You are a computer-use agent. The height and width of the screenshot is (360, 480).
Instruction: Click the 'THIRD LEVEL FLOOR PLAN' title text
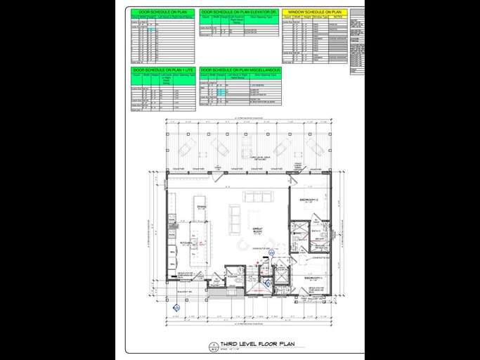tap(257, 345)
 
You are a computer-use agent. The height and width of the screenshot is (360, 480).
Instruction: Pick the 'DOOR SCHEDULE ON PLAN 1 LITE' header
tap(163, 71)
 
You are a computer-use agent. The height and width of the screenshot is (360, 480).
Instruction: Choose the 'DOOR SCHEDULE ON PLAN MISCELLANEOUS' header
tap(240, 71)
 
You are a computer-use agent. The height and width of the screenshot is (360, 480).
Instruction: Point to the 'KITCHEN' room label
tap(186, 243)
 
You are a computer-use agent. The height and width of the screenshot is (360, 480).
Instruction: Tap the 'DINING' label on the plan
tap(201, 207)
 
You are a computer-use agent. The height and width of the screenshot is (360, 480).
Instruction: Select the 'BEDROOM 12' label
tap(310, 200)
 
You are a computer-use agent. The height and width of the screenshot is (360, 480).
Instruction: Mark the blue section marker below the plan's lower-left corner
tap(176, 307)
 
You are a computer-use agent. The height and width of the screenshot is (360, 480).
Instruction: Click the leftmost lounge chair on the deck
tap(187, 148)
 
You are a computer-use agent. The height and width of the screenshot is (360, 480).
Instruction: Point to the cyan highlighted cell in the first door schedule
tap(150, 30)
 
